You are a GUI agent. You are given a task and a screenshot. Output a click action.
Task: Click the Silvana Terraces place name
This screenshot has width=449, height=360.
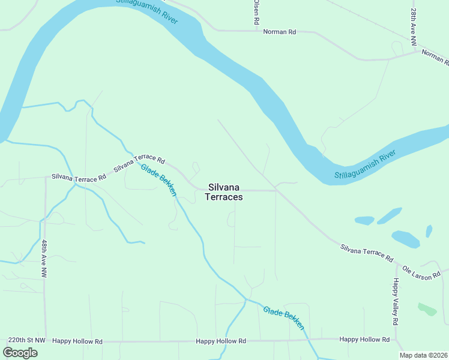click(x=224, y=192)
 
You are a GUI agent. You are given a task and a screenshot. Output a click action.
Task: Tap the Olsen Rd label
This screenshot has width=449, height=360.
click(x=256, y=12)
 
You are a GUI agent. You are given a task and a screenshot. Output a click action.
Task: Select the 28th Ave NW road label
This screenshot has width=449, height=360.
click(x=414, y=27)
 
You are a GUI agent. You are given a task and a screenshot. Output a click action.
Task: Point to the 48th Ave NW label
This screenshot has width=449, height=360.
click(x=44, y=258)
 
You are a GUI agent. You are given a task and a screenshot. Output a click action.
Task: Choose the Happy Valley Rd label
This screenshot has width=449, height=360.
click(x=396, y=302)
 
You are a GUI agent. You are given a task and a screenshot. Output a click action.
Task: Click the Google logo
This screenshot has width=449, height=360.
click(x=20, y=352)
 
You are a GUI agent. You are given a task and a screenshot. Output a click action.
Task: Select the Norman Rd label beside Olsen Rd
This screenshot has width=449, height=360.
click(x=280, y=31)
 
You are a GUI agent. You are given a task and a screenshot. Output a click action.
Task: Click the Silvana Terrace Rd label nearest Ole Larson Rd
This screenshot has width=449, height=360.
click(x=367, y=253)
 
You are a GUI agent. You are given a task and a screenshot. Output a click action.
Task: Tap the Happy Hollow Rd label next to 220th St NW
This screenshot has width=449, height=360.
click(x=77, y=341)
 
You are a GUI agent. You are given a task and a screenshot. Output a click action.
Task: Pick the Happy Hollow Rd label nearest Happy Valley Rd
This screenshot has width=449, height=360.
click(x=364, y=340)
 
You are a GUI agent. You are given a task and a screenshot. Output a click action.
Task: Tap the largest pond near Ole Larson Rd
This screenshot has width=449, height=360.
click(x=406, y=239)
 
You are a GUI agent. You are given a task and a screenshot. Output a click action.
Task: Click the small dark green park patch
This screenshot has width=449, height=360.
click(x=427, y=309)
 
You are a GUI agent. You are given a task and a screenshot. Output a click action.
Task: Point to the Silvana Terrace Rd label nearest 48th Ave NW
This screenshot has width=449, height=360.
click(x=79, y=176)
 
